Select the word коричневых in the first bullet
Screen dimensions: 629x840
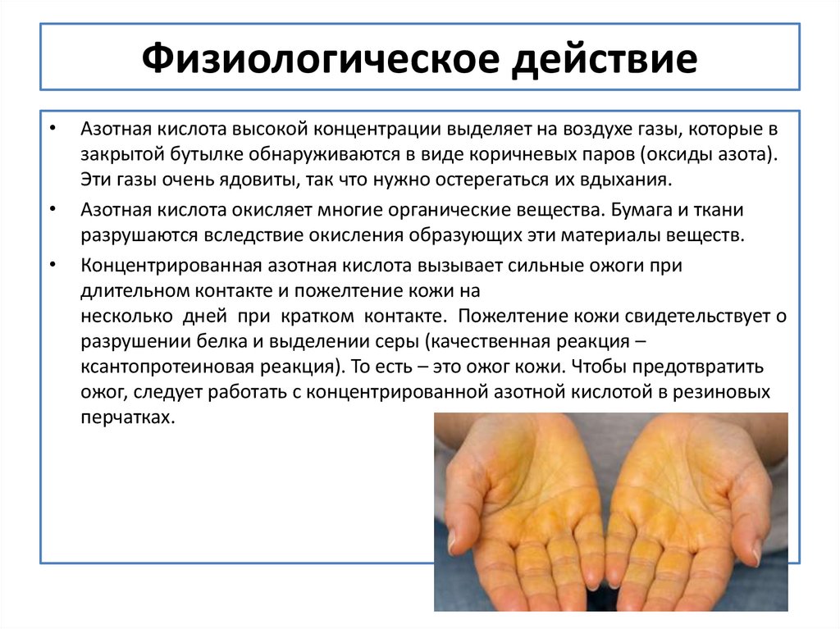(x=532, y=155)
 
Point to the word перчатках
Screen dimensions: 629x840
(x=127, y=416)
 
